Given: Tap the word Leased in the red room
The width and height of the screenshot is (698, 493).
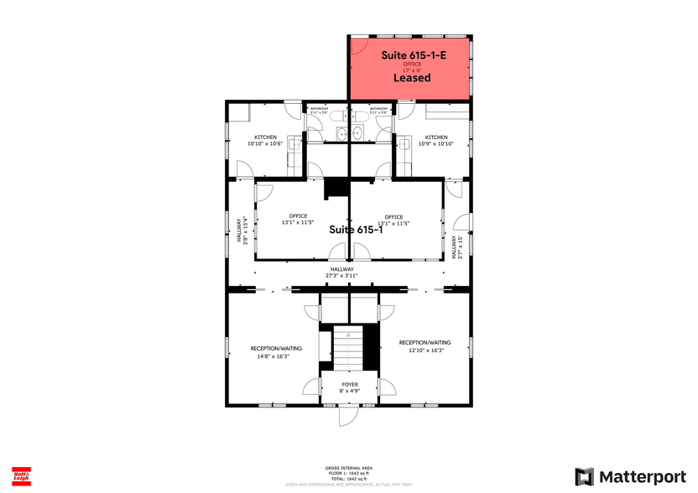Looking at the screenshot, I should tap(412, 78).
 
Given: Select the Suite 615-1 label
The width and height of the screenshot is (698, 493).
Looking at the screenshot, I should tap(356, 230).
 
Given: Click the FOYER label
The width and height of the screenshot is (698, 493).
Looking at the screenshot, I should tap(349, 385).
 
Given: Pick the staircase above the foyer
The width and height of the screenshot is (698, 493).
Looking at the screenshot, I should tap(349, 346).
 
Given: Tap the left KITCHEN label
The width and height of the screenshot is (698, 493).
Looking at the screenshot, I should tap(266, 138).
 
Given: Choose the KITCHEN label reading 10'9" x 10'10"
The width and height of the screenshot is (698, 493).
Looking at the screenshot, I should tap(435, 143).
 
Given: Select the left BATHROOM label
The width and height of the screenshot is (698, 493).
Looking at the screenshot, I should tap(319, 109).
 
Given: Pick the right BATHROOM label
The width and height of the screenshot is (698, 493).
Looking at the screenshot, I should tap(378, 109).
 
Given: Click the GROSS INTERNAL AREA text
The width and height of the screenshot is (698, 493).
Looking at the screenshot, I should tap(349, 468).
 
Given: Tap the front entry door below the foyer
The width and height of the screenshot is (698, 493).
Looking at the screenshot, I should tap(346, 416).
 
